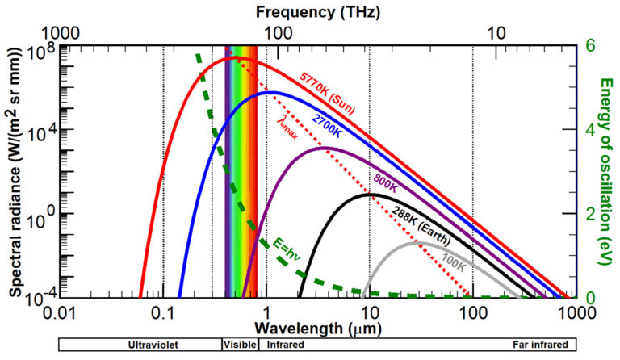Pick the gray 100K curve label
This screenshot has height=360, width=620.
pyautogui.click(x=455, y=262)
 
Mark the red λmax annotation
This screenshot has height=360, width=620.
pyautogui.click(x=288, y=128)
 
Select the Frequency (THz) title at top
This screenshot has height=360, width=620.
pyautogui.click(x=317, y=12)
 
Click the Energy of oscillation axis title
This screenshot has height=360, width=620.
pyautogui.click(x=605, y=170)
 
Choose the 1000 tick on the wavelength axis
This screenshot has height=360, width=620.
pyautogui.click(x=576, y=311)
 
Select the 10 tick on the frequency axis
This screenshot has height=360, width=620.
pyautogui.click(x=500, y=33)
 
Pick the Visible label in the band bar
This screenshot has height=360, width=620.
pyautogui.click(x=239, y=345)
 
